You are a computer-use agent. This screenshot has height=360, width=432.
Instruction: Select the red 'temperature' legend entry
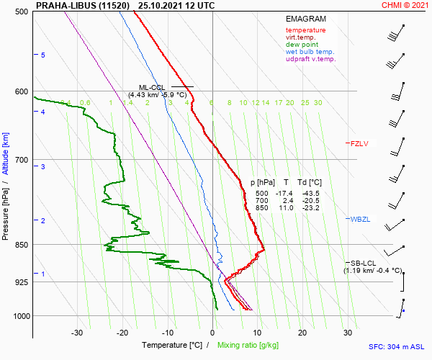305,30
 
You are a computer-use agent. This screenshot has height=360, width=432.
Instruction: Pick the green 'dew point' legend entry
301,45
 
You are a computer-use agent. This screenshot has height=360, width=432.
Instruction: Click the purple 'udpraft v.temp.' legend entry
310,59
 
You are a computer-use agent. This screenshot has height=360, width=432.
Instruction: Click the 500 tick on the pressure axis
22,12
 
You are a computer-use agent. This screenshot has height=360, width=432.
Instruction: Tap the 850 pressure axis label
22,245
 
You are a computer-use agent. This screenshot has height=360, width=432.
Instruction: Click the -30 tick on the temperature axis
77,333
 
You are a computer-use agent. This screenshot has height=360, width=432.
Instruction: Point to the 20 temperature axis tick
302,333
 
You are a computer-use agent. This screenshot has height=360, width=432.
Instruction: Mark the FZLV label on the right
359,143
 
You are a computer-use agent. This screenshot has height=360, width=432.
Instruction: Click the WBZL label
360,219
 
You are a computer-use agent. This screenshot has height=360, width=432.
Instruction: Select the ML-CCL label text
152,87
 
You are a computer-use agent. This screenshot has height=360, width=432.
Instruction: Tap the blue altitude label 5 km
43,55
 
